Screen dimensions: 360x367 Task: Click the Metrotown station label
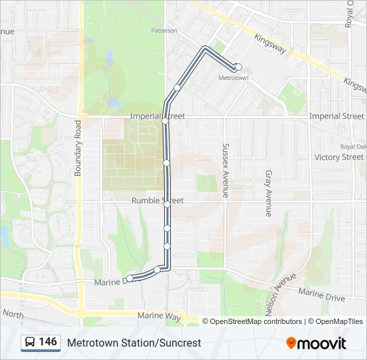pyautogui.click(x=234, y=78)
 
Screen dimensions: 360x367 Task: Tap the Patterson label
pyautogui.click(x=164, y=31)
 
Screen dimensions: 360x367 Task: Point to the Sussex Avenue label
pyautogui.click(x=226, y=171)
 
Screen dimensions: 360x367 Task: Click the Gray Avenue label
pyautogui.click(x=268, y=193)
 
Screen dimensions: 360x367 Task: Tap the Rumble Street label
pyautogui.click(x=157, y=201)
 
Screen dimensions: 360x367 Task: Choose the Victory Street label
pyautogui.click(x=339, y=157)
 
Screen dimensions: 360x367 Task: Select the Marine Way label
pyautogui.click(x=159, y=317)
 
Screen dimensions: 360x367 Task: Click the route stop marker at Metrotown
pyautogui.click(x=238, y=67)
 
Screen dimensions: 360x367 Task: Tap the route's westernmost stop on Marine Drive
pyautogui.click(x=129, y=278)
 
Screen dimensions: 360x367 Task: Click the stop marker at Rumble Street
pyautogui.click(x=167, y=205)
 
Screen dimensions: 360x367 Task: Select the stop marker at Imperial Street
pyautogui.click(x=165, y=121)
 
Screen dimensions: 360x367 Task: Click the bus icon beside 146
pyautogui.click(x=30, y=343)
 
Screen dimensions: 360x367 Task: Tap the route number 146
pyautogui.click(x=48, y=342)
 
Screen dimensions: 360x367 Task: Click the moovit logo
pyautogui.click(x=316, y=343)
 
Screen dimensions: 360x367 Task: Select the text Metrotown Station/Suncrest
pyautogui.click(x=133, y=343)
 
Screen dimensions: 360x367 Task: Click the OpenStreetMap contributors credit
pyautogui.click(x=256, y=321)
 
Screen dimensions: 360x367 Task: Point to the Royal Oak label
pyautogui.click(x=353, y=147)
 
